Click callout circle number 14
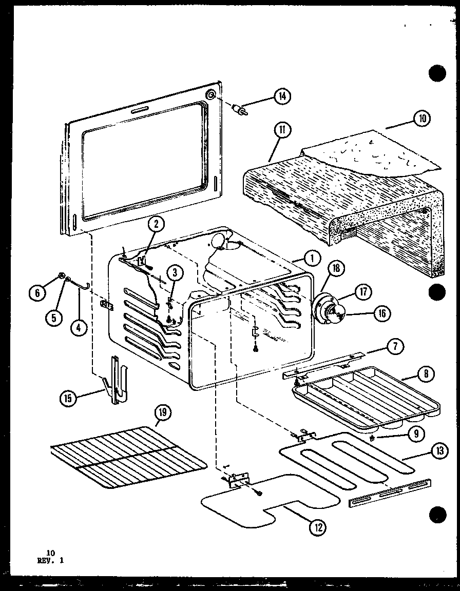click(x=282, y=96)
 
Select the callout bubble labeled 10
click(x=422, y=119)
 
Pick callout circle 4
click(x=78, y=327)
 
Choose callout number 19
click(x=164, y=413)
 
